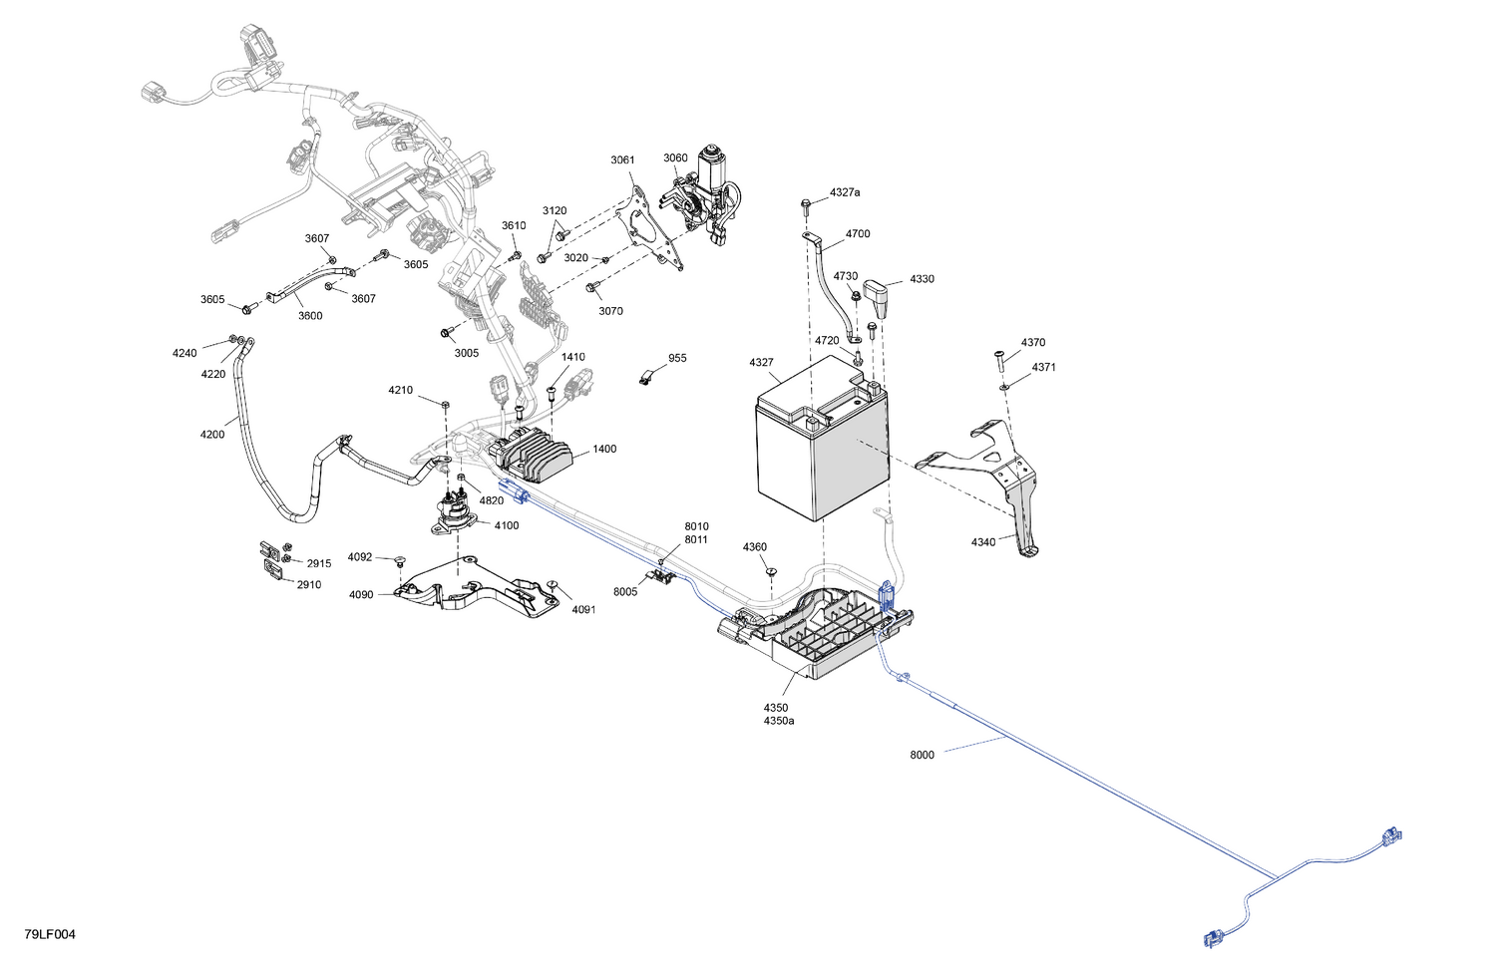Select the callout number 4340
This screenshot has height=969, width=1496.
pos(983,542)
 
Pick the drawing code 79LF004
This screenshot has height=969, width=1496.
pos(50,934)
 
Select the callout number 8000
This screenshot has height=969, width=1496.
pos(922,755)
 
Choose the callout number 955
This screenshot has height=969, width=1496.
pos(677,358)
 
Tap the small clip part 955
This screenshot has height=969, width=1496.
pos(645,377)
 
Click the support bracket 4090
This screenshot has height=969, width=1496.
pos(477,587)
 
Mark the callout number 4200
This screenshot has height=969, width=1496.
pos(212,435)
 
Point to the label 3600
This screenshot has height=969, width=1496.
pos(310,316)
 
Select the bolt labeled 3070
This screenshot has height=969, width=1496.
pos(591,288)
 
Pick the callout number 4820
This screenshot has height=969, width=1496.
pos(492,500)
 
